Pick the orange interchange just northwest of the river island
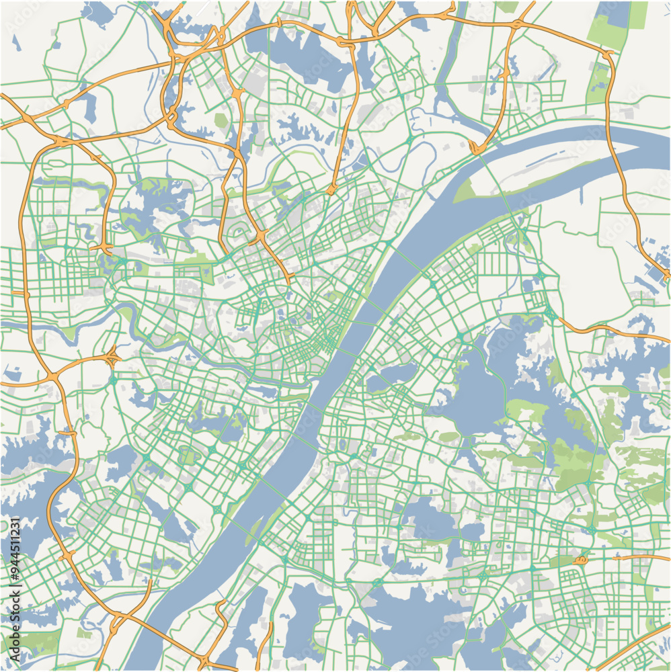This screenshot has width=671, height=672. (x=478, y=146)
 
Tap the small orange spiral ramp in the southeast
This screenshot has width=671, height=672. (x=580, y=558)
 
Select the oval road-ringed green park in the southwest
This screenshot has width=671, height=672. (x=188, y=457)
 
